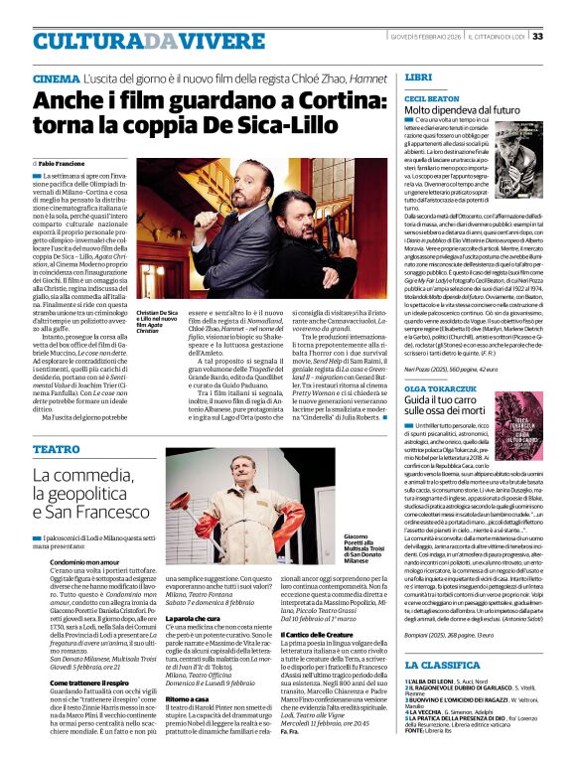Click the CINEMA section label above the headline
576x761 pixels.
[56, 77]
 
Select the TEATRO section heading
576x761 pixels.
[56, 450]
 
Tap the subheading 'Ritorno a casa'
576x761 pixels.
[196, 698]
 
